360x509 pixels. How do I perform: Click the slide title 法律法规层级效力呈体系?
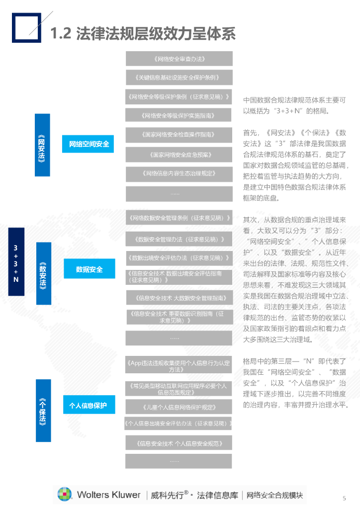[142, 33]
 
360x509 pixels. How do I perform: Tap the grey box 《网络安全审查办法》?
[179, 59]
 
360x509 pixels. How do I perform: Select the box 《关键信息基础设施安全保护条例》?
[179, 78]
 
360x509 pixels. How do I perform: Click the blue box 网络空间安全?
[89, 144]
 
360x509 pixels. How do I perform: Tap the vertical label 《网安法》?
[42, 145]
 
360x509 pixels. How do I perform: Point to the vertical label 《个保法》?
[43, 410]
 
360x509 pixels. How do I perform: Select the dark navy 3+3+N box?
[16, 262]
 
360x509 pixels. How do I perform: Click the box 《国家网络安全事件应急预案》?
[179, 155]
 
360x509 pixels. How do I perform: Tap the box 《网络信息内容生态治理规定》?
[179, 173]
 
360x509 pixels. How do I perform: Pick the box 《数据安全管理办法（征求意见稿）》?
[179, 239]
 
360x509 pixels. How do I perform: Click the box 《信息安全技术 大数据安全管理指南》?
[179, 298]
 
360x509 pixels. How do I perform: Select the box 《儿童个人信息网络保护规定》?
[179, 407]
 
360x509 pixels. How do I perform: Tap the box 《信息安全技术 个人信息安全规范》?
[179, 443]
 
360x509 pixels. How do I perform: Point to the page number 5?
[344, 498]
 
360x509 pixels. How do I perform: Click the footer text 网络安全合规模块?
[275, 495]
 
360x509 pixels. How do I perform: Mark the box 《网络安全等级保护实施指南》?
[179, 115]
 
